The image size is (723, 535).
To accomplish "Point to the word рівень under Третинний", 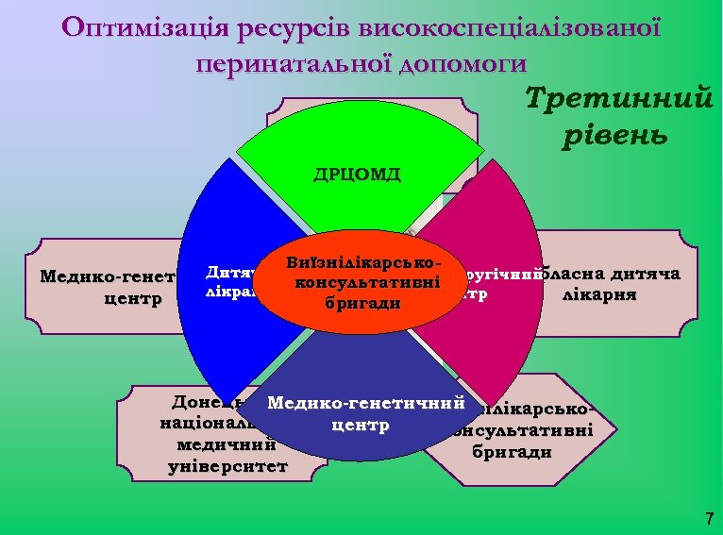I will (x=614, y=135).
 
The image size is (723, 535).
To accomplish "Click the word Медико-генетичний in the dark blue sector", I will (x=368, y=404).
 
